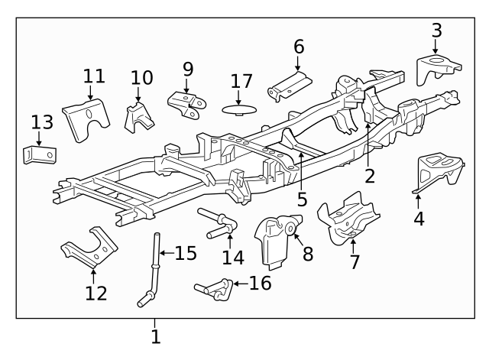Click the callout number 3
point(436,31)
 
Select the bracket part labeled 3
point(436,69)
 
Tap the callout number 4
point(419,219)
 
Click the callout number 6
point(298,46)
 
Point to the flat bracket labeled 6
point(290,86)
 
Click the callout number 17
point(241,80)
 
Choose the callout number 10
point(141,77)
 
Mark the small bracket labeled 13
point(39,155)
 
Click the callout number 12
point(96,293)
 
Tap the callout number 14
point(228,258)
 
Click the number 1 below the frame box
point(156,337)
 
